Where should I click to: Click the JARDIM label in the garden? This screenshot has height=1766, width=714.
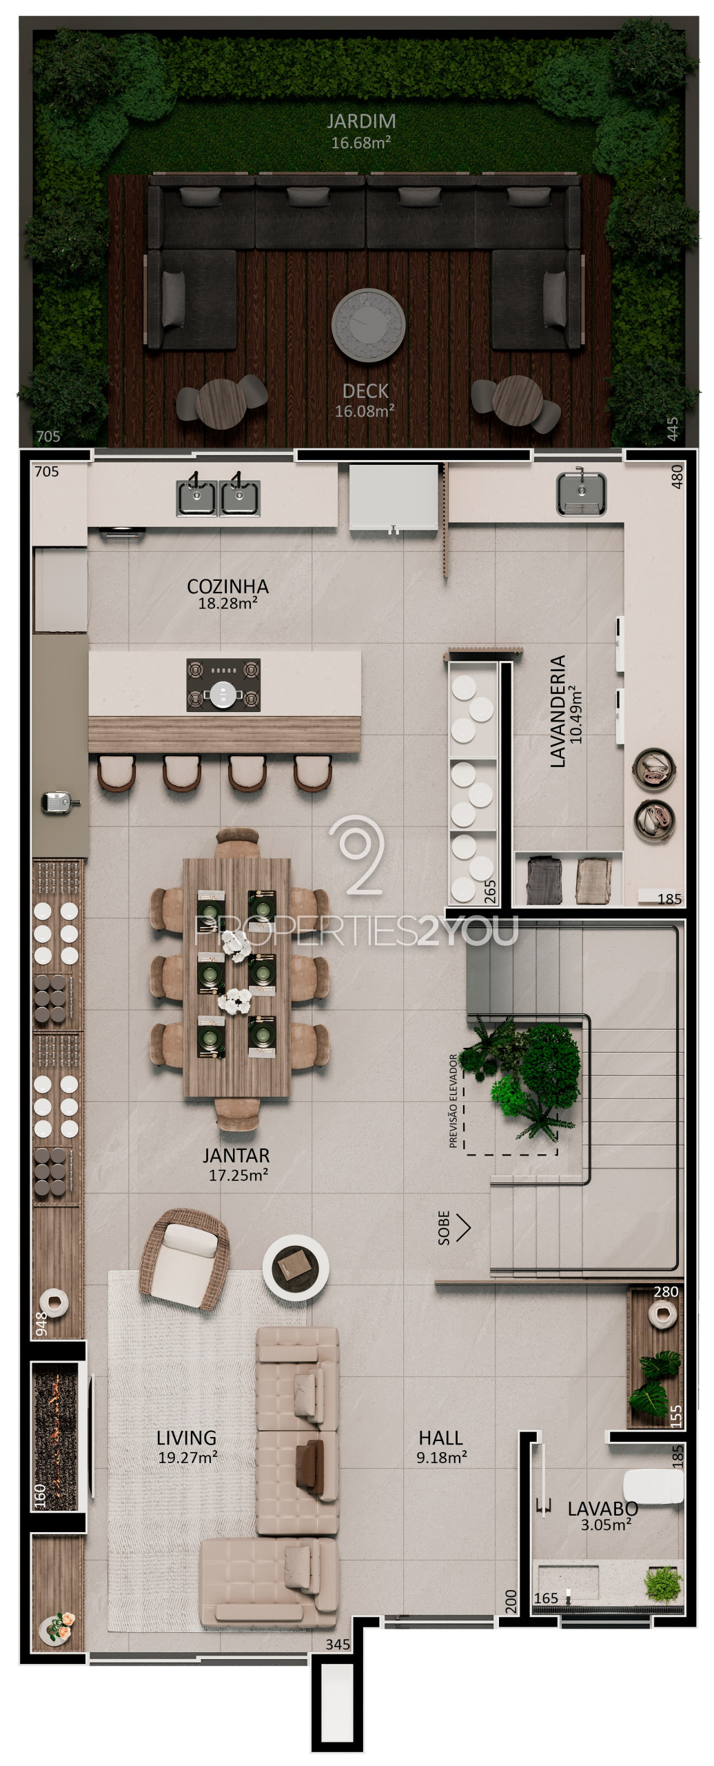pos(361,121)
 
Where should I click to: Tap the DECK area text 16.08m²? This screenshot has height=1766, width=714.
pos(365,411)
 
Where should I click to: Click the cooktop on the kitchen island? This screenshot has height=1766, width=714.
pos(223,685)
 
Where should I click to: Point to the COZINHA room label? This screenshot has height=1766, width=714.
pos(227,586)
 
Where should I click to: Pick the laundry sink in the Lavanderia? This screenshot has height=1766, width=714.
pos(581,493)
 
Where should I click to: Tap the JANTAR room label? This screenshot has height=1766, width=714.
pos(236,1155)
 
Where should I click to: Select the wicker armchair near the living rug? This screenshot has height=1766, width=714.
pos(184,1259)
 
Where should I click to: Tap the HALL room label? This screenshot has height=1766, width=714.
pos(440,1438)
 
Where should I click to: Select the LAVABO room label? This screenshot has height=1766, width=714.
pos(602,1508)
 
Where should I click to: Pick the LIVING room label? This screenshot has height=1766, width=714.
pos(186,1438)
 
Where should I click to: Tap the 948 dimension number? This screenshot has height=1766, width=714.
pos(41,1324)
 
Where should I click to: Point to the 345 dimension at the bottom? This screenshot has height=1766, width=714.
pos(338,1645)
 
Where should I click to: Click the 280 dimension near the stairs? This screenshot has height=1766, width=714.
pos(666,1291)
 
